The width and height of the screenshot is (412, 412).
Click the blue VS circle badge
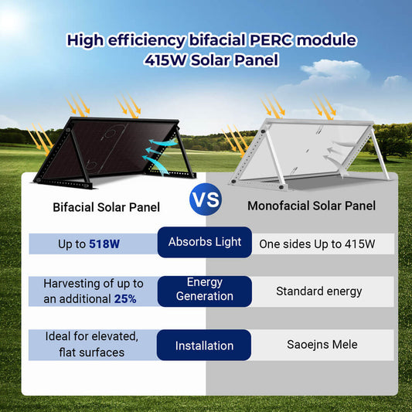pyautogui.click(x=205, y=201)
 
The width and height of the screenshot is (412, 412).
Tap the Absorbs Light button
pyautogui.click(x=205, y=242)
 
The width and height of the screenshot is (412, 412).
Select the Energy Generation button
pyautogui.click(x=205, y=290)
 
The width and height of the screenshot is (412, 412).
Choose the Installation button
pyautogui.click(x=205, y=345)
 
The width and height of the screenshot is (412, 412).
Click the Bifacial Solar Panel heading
pyautogui.click(x=106, y=207)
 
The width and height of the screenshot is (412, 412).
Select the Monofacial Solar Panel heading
pyautogui.click(x=312, y=206)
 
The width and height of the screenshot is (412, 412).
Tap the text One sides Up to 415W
pyautogui.click(x=317, y=244)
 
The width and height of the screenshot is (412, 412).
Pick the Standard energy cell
pyautogui.click(x=318, y=291)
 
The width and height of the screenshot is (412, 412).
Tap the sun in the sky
pyautogui.click(x=12, y=19)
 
